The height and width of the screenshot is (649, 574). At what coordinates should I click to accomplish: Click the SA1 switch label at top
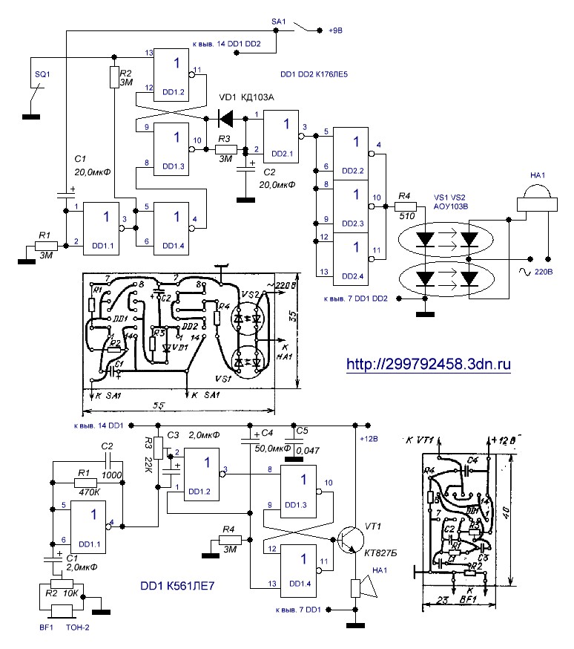(280, 23)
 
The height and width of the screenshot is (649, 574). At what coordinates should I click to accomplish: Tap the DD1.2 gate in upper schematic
(174, 76)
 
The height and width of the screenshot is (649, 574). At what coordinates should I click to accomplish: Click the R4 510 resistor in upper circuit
(405, 209)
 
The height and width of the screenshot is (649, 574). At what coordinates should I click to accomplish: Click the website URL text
(429, 365)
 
